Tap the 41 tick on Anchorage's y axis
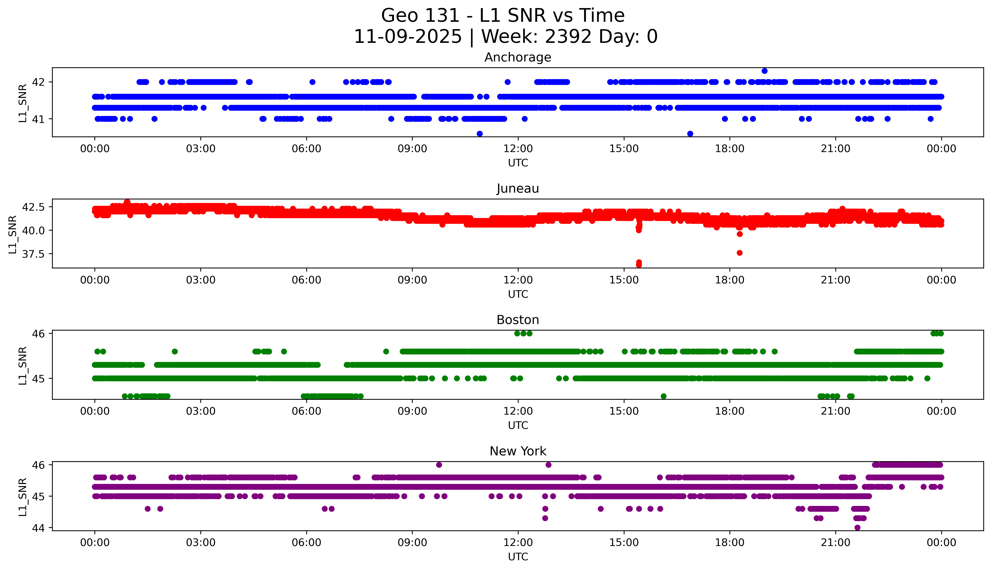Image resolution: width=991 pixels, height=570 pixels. click(38, 119)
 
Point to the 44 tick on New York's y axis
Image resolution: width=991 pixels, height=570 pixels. click(38, 528)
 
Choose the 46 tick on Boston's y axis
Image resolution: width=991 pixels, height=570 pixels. click(38, 334)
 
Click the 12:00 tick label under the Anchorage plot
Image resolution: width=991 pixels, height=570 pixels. click(518, 149)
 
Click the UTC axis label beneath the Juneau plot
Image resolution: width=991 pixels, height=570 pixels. click(518, 294)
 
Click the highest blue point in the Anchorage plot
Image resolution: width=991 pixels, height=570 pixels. click(764, 71)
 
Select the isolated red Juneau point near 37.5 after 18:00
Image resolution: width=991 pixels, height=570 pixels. click(739, 253)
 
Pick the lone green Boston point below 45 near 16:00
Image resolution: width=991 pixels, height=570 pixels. click(663, 396)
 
